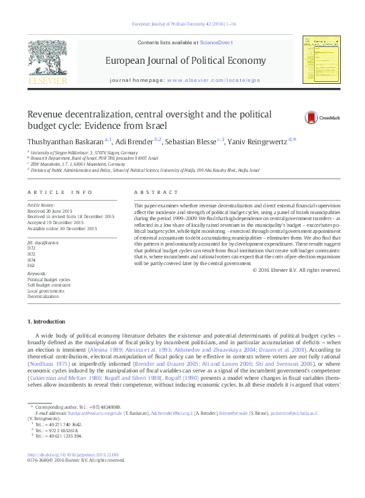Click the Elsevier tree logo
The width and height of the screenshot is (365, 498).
click(x=46, y=60)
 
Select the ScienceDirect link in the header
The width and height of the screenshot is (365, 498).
click(x=216, y=42)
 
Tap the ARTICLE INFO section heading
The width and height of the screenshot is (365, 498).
click(x=60, y=193)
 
